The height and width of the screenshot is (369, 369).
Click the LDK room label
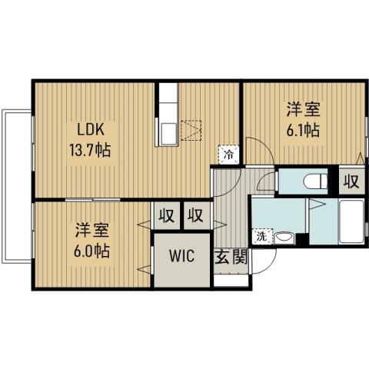coord(90,128)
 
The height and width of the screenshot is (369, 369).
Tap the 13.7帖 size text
coord(90,149)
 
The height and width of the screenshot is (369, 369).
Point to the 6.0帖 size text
coord(91,250)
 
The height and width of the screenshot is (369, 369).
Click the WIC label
coord(182,256)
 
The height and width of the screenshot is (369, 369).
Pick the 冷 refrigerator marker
coord(228,154)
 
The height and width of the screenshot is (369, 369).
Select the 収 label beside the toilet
coord(351,182)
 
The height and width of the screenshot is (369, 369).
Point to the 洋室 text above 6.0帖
coord(91,229)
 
